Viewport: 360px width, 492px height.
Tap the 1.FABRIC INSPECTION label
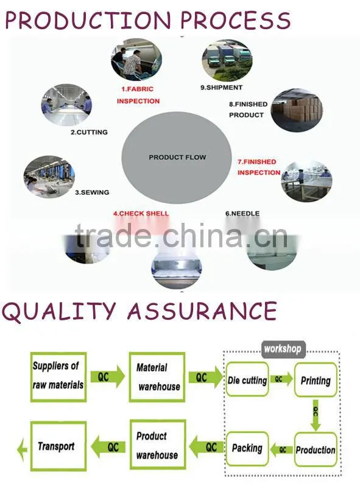pyautogui.click(x=138, y=95)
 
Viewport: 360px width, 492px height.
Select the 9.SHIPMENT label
pyautogui.click(x=222, y=88)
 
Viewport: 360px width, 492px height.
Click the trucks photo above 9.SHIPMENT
pyautogui.click(x=227, y=60)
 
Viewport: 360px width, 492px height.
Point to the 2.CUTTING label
pyautogui.click(x=89, y=132)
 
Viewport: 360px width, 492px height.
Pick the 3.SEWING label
pyautogui.click(x=92, y=192)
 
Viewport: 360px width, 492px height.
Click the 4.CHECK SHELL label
pyautogui.click(x=141, y=213)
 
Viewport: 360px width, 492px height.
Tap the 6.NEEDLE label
pyautogui.click(x=242, y=213)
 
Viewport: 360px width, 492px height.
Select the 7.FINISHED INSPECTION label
pyautogui.click(x=259, y=167)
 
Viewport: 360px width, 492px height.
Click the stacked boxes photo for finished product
pyautogui.click(x=297, y=110)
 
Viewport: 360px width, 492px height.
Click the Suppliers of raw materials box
pyautogui.click(x=58, y=377)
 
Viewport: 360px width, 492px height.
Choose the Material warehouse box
pyautogui.click(x=157, y=377)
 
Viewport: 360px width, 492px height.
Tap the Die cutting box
pyautogui.click(x=247, y=379)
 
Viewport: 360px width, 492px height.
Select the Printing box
pyautogui.click(x=316, y=380)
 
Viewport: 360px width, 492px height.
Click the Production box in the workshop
pyautogui.click(x=316, y=449)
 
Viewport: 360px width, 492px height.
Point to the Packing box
pyautogui.click(x=247, y=448)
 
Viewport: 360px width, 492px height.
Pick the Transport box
pyautogui.click(x=58, y=446)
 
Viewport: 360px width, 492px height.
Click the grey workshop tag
pyautogui.click(x=283, y=349)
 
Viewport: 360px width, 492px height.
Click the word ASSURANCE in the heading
pyautogui.click(x=202, y=311)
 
